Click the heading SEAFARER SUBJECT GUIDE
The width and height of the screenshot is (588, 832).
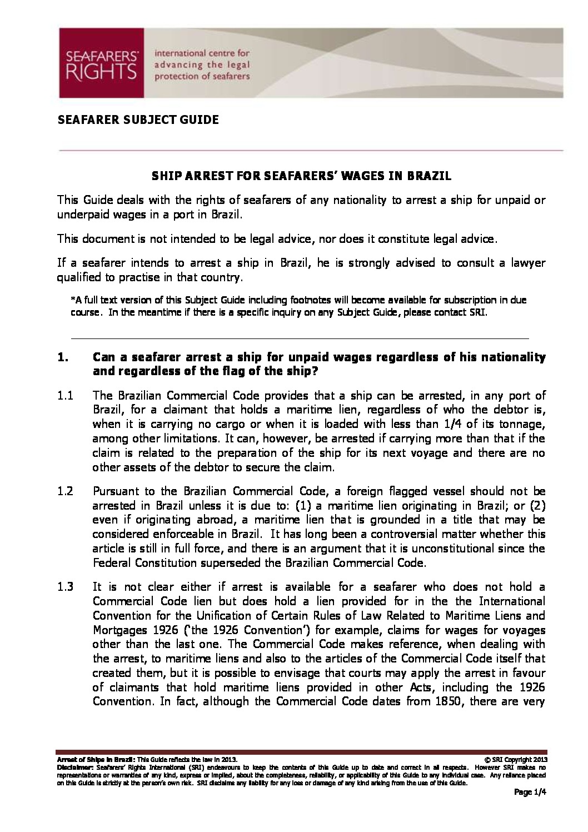(138, 119)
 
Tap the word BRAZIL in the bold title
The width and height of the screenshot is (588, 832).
(429, 176)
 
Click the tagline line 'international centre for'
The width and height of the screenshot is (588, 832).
(202, 54)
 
